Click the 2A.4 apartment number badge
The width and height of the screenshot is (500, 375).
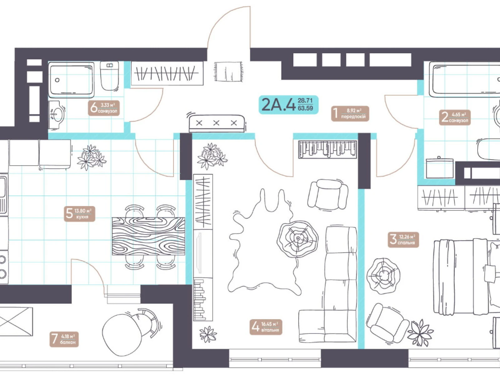288,105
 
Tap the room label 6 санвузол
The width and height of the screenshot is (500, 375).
104,108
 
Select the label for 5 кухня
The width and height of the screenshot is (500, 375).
79,214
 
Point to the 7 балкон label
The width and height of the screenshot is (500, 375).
64,339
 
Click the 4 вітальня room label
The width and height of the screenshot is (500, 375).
266,327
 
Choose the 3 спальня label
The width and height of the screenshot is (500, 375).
403,240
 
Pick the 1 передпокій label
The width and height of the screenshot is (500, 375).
350,114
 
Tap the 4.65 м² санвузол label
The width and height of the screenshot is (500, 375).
455,117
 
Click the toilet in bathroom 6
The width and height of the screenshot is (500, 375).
110,76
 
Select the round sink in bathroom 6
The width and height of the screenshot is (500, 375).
57,115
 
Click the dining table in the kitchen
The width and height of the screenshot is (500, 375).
148,236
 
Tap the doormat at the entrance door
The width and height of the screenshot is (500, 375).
228,71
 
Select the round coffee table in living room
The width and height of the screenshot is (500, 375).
297,239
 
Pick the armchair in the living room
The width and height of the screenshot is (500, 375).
327,194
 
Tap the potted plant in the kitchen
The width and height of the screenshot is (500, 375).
92,157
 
